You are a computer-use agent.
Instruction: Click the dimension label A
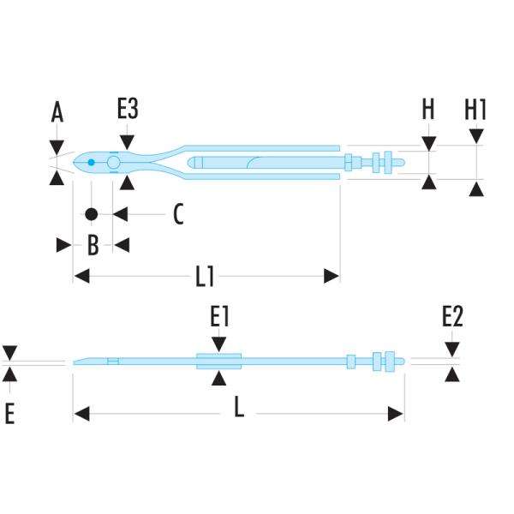coord(57,112)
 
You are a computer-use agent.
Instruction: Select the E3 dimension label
coord(128,111)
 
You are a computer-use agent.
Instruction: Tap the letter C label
coord(177,213)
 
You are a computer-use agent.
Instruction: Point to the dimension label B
coord(93,245)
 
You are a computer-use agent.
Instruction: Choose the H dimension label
coord(428,110)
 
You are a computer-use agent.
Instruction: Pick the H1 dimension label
coord(475,110)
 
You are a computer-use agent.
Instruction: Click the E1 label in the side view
coord(220,318)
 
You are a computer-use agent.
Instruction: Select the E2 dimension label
coord(452,318)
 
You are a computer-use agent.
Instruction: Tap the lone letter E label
coord(9,415)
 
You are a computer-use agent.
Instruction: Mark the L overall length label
coord(240,409)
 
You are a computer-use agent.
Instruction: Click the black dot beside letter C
coord(91,213)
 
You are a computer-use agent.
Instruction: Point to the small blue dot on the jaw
coord(91,161)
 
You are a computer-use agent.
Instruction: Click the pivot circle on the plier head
coord(113,162)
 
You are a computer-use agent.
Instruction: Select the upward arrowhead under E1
coord(220,378)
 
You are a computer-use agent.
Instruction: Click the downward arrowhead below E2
coord(452,350)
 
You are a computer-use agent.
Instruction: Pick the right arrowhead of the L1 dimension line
coord(331,276)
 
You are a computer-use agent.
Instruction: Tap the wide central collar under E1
coord(220,361)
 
